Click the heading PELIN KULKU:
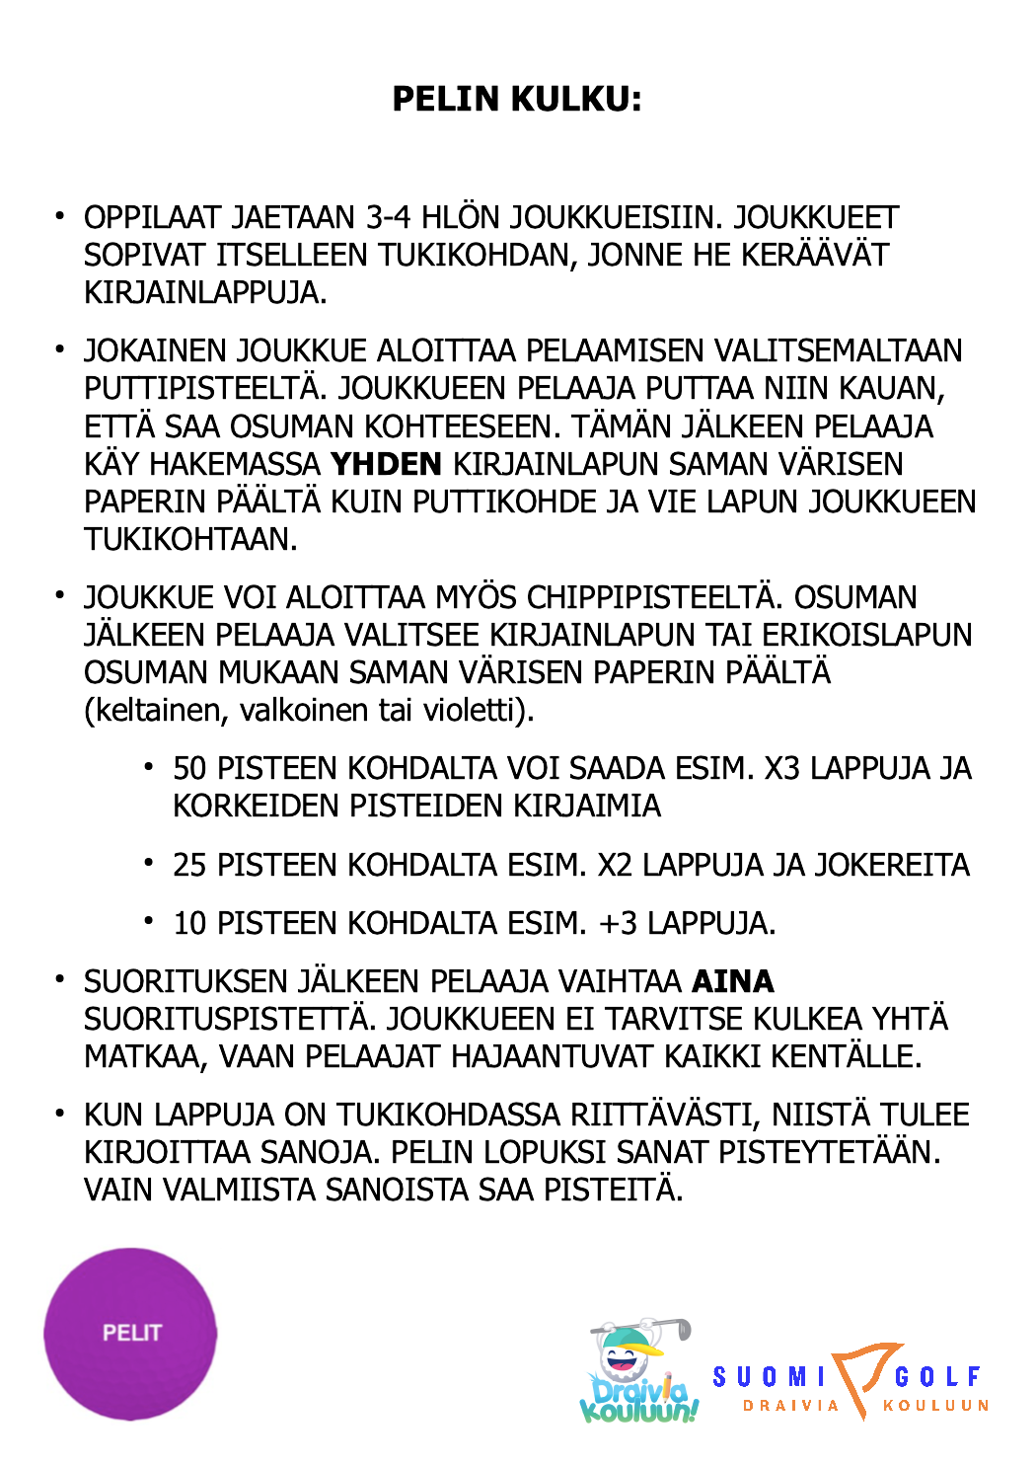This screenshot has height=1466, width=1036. [x=517, y=99]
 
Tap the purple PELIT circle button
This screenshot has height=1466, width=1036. [x=130, y=1334]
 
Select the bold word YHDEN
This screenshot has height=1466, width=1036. [x=386, y=464]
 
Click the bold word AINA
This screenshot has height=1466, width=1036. [x=733, y=981]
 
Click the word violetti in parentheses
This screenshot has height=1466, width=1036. [x=469, y=710]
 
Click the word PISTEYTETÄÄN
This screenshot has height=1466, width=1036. [x=839, y=1152]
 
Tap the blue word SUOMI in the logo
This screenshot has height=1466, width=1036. [x=769, y=1376]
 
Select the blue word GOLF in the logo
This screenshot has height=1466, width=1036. [x=937, y=1376]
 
